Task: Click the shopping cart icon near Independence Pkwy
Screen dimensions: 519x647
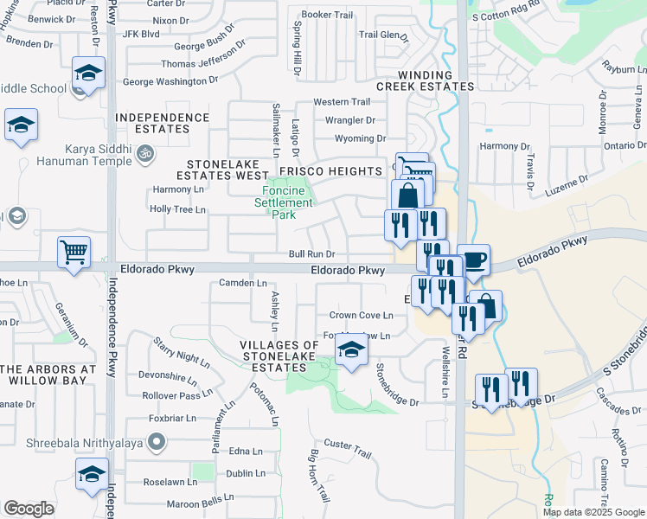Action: (74, 253)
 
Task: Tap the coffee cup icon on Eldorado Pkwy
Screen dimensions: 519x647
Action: (473, 259)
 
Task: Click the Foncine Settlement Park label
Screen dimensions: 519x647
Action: (283, 202)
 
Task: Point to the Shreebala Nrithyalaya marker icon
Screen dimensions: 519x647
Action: (157, 443)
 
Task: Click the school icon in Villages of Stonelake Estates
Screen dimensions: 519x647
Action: (350, 350)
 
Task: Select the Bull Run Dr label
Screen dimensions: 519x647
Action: (311, 254)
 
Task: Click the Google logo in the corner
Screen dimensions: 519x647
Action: (29, 509)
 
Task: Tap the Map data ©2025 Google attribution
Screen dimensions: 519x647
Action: (593, 512)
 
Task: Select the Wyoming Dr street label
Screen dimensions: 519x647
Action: (360, 138)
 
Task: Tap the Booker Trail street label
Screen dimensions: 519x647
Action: (328, 15)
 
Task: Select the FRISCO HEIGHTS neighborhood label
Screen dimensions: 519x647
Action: (330, 172)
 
